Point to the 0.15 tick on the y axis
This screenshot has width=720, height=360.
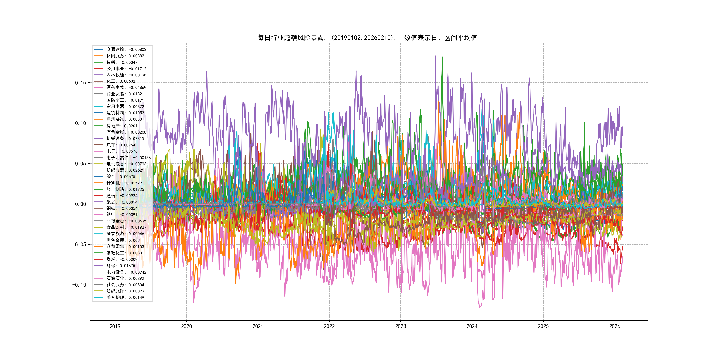(80, 83)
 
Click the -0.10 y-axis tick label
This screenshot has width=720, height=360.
(79, 285)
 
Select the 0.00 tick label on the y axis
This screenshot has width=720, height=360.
(80, 204)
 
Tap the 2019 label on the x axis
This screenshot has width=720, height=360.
(115, 326)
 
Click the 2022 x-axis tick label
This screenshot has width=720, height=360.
(329, 326)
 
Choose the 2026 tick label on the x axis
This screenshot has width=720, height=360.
(615, 326)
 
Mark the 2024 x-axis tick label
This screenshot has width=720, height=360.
(472, 326)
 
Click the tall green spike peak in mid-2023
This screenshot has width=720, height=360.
(442, 57)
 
